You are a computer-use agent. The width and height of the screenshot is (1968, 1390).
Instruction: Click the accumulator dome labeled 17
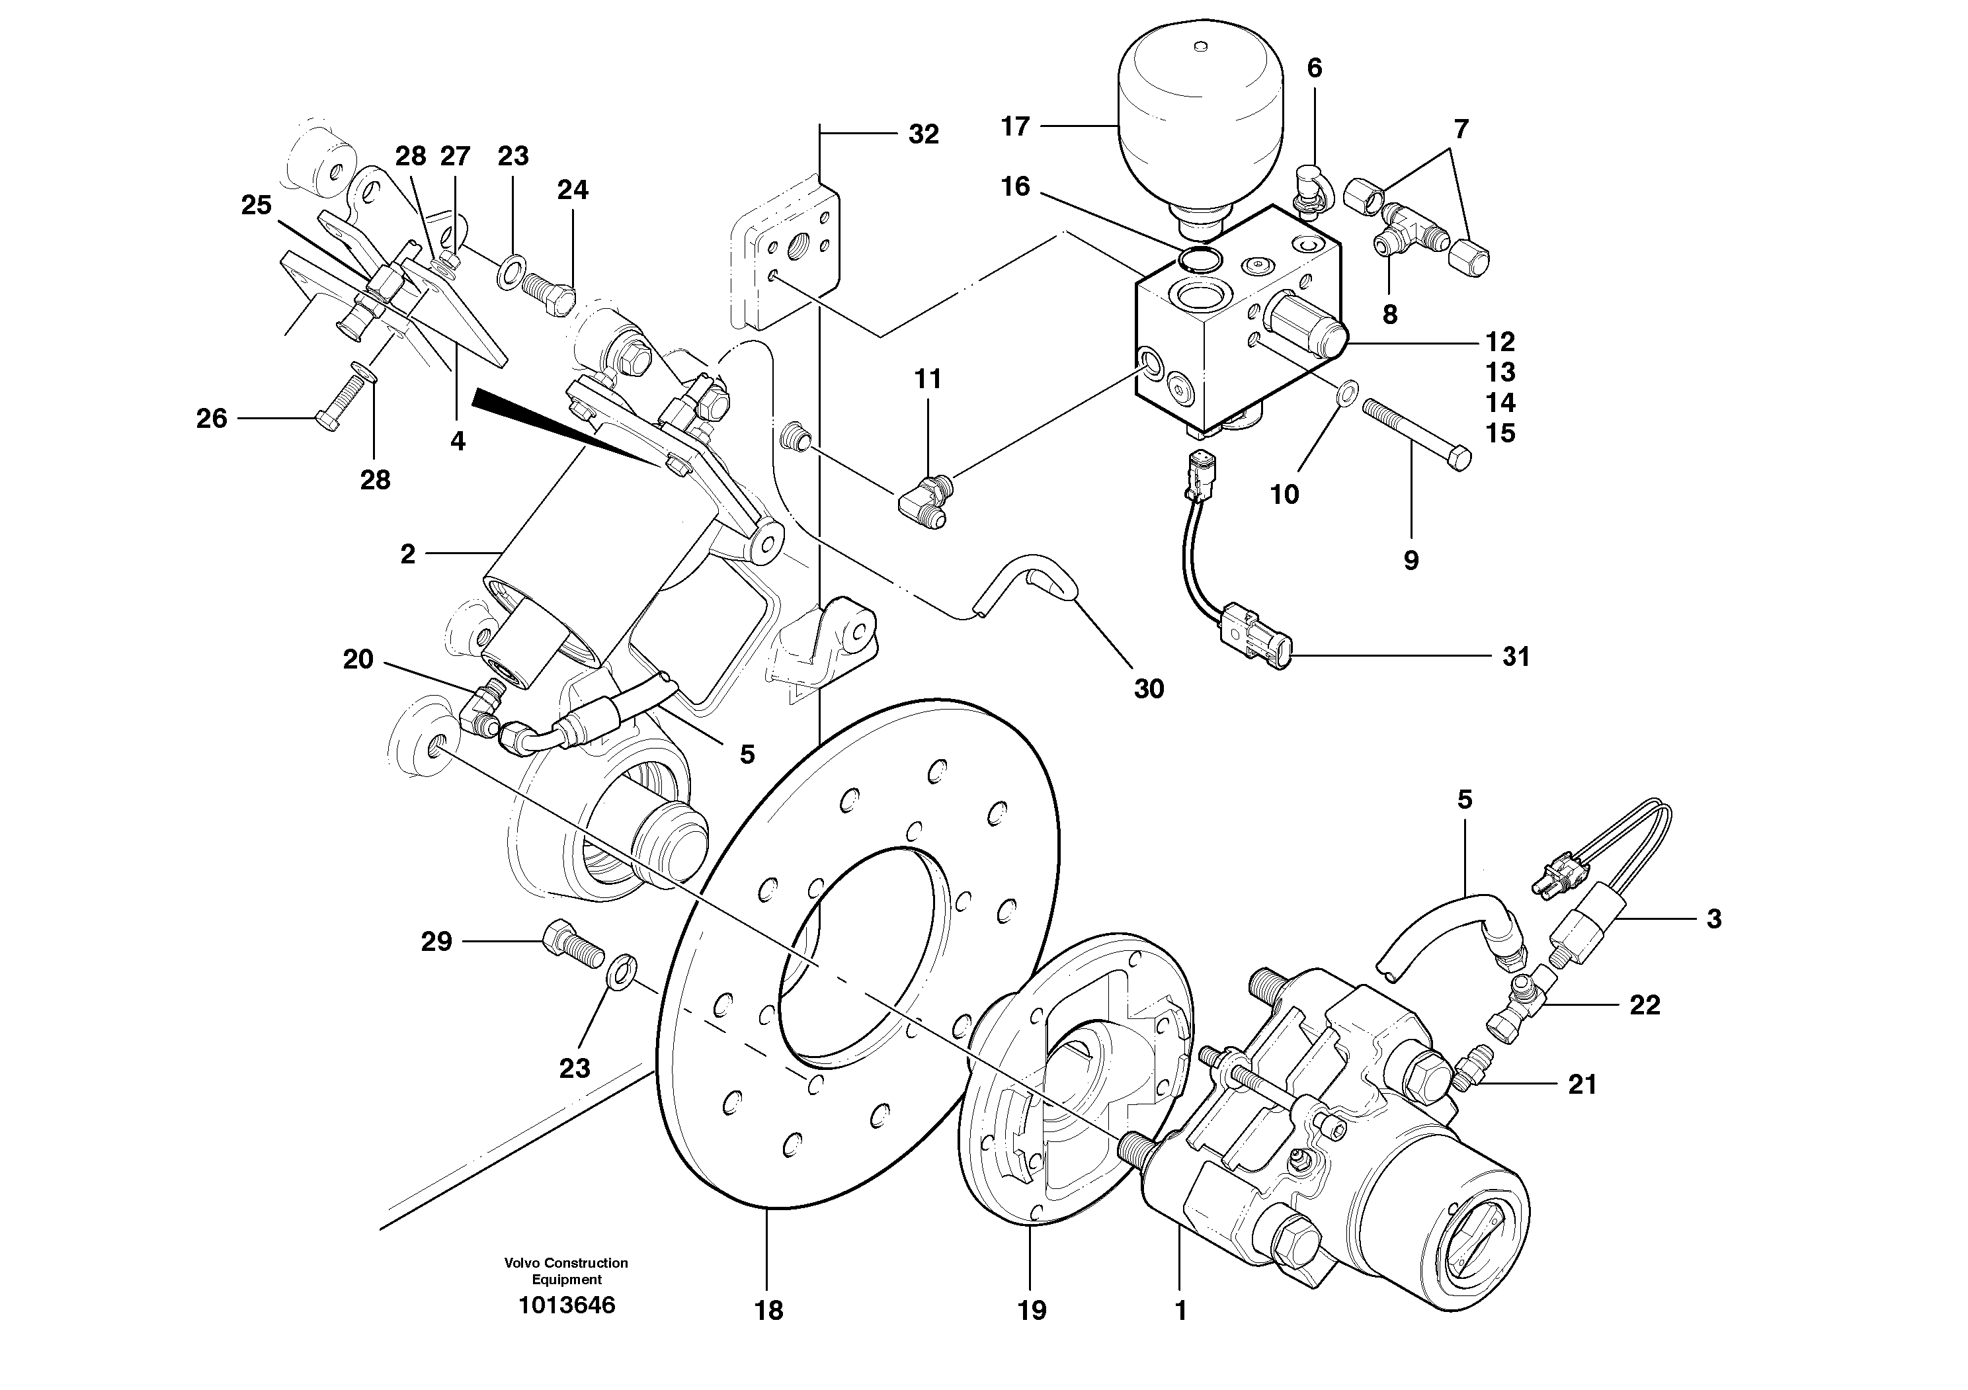(x=1201, y=120)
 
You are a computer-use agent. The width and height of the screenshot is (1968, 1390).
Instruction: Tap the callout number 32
(x=923, y=134)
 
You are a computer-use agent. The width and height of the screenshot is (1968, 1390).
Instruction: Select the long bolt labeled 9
(x=1414, y=432)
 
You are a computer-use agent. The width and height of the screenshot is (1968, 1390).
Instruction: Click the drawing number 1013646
(x=567, y=1305)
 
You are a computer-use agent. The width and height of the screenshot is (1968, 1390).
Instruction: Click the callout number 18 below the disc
(x=769, y=1310)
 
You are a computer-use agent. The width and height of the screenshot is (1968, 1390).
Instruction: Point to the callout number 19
(x=1032, y=1310)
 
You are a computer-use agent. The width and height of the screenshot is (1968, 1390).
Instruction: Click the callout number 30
(x=1149, y=688)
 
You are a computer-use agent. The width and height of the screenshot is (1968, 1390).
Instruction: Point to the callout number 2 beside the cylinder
(x=408, y=554)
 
